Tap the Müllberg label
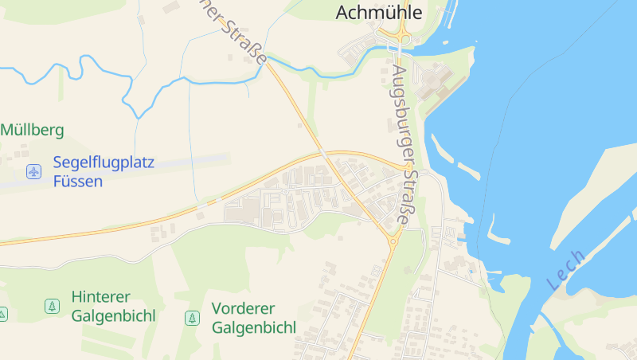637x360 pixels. (x=32, y=130)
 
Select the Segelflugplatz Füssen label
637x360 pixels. (x=104, y=171)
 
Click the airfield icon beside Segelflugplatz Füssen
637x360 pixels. (x=33, y=171)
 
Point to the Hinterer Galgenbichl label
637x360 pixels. (x=113, y=306)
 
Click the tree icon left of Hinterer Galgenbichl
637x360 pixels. (x=52, y=306)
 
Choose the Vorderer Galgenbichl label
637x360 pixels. (x=253, y=318)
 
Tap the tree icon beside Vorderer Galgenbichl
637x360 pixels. (x=192, y=318)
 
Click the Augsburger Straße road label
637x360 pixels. (x=405, y=143)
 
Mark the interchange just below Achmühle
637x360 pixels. (x=395, y=37)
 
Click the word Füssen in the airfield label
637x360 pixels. (x=78, y=181)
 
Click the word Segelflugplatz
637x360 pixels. (x=104, y=162)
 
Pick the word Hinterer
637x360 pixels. (x=100, y=296)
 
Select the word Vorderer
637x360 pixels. (x=243, y=308)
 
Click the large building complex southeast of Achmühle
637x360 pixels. (x=434, y=80)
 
